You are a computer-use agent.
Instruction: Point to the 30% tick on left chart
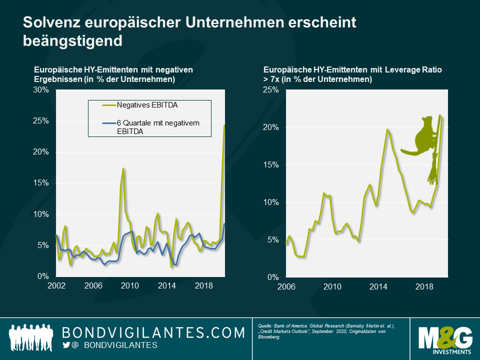[41, 90]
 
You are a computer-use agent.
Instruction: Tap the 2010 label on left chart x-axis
[129, 286]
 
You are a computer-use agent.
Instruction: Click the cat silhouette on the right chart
[420, 137]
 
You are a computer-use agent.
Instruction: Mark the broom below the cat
[433, 170]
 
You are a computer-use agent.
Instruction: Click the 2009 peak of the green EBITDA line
[123, 168]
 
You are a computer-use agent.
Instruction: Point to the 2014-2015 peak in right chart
[387, 129]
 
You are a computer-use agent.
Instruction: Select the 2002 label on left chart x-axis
[56, 286]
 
